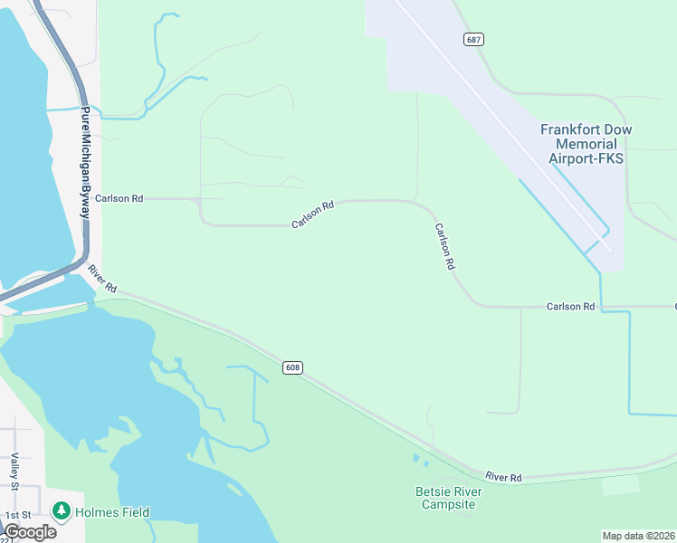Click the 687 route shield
pyautogui.click(x=473, y=40)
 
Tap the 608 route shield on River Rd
pyautogui.click(x=291, y=367)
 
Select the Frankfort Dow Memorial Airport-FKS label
pyautogui.click(x=586, y=144)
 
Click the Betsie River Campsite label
pyautogui.click(x=448, y=498)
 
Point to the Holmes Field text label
pyautogui.click(x=112, y=512)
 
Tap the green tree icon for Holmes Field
pyautogui.click(x=62, y=511)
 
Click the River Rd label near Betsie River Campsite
pyautogui.click(x=503, y=477)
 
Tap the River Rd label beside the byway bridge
pyautogui.click(x=102, y=277)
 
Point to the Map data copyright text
pyautogui.click(x=638, y=536)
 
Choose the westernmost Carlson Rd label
pyautogui.click(x=119, y=198)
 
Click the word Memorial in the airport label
pyautogui.click(x=586, y=144)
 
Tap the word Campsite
pyautogui.click(x=448, y=504)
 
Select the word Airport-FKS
pyautogui.click(x=586, y=158)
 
